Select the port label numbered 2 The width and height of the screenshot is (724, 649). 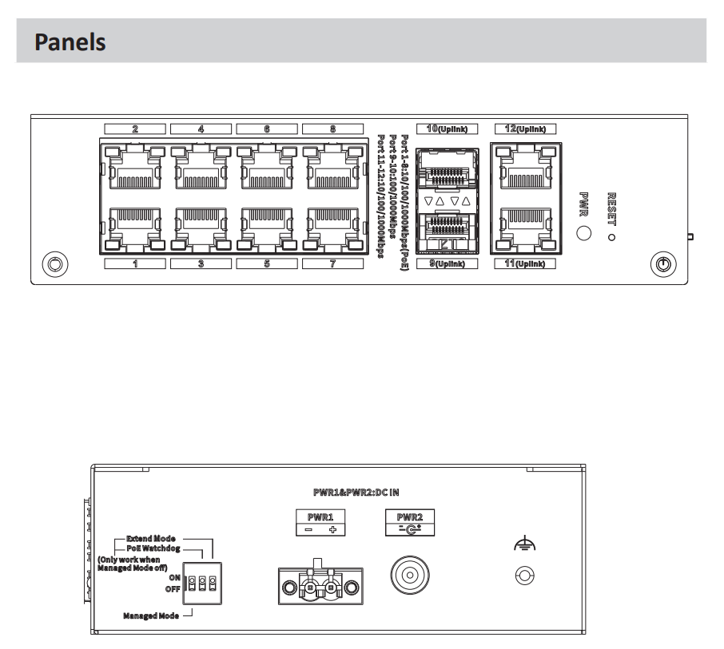(135, 128)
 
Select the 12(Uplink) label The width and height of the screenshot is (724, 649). (523, 128)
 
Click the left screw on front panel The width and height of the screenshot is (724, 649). (54, 264)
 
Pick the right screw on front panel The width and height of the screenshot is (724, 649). (662, 264)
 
